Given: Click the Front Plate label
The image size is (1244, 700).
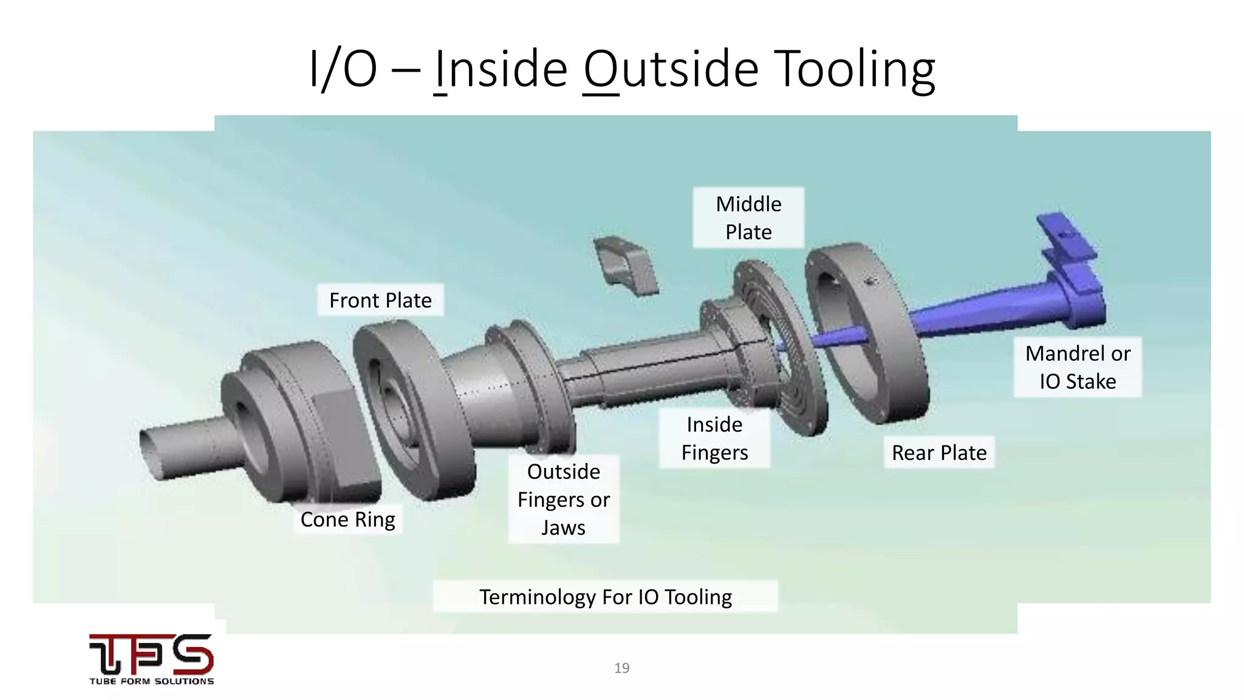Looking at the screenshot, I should point(380,300).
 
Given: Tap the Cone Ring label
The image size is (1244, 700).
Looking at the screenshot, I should point(347,520).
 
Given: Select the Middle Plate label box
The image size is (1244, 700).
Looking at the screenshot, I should point(748,218).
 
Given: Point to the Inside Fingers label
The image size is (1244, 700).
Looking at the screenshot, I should point(714,438).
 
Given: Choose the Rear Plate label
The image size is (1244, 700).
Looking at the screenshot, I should point(938,453).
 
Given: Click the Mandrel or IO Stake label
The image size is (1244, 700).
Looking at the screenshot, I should point(1078,367).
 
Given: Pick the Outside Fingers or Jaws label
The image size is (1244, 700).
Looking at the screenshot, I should point(563,499).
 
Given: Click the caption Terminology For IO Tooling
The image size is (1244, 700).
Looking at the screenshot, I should point(605,597).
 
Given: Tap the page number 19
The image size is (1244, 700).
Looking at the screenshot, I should point(621,668).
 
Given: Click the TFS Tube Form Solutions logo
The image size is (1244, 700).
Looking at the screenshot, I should point(151,659).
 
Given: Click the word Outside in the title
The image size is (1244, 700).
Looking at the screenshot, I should point(671,69).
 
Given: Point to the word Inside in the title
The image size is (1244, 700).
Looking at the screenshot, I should point(502,69).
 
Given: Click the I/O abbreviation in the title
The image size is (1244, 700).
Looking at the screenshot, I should point(343,69).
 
